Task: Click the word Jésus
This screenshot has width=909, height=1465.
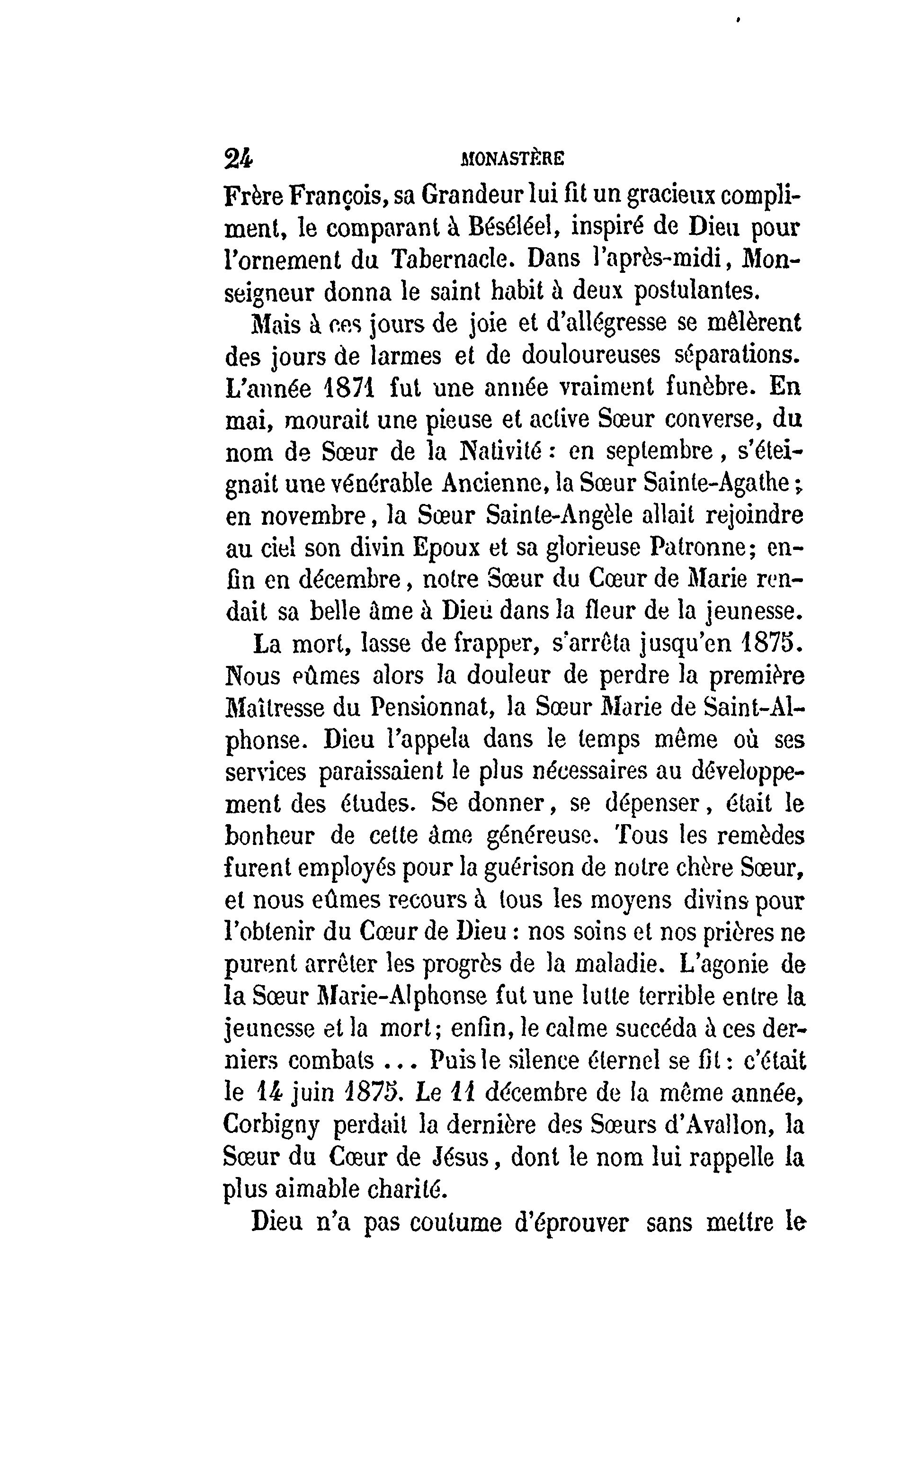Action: (x=461, y=1158)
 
